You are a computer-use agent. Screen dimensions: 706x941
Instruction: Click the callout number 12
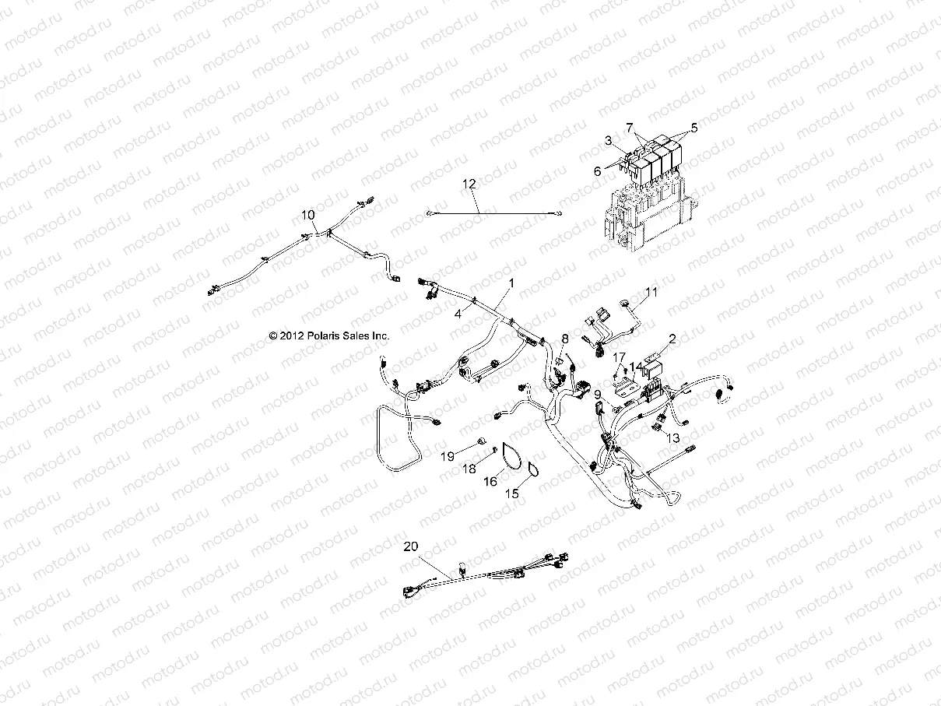pos(490,184)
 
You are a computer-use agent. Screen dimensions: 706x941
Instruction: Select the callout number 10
pos(308,214)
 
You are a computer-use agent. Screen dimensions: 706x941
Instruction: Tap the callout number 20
pos(410,547)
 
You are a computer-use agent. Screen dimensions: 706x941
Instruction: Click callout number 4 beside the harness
pos(458,312)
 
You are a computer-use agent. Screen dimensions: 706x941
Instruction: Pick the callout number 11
pos(651,292)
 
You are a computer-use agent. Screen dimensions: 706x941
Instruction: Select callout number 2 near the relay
pos(672,339)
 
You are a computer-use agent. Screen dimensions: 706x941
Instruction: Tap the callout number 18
pos(470,468)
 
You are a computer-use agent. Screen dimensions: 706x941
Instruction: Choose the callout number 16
pos(490,482)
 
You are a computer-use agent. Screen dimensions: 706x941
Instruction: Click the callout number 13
pos(672,438)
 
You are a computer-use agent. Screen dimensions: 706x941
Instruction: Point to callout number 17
pos(620,357)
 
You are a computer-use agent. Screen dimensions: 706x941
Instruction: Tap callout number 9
pos(598,395)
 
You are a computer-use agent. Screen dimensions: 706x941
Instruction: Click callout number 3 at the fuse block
pos(609,140)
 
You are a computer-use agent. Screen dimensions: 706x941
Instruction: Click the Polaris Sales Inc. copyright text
pos(328,335)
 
